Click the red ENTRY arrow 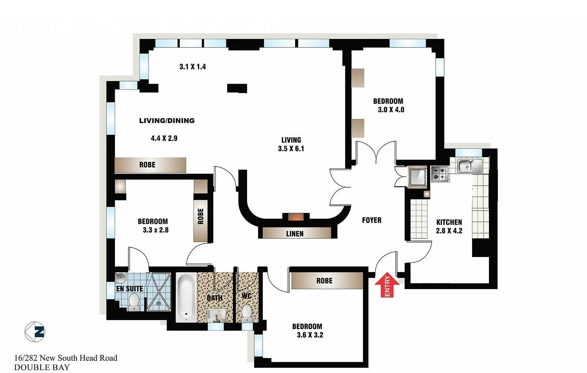[387, 285]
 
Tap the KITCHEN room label [449, 222]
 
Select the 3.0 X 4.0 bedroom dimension [391, 110]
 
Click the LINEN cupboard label [295, 234]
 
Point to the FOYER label [371, 220]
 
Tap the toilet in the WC [247, 313]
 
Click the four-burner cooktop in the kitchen [440, 173]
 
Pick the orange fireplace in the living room [296, 217]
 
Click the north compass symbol [35, 332]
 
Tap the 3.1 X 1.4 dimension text [192, 67]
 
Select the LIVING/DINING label [167, 120]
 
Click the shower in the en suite [159, 292]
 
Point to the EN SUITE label [129, 289]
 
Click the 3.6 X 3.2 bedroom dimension [310, 335]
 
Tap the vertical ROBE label [201, 216]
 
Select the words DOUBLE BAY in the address [42, 367]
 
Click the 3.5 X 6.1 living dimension [291, 148]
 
